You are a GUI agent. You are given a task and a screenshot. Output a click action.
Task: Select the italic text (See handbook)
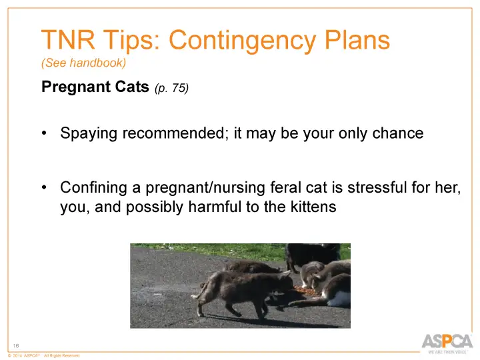[x=83, y=63]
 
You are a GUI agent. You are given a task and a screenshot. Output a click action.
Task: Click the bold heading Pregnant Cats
[x=95, y=87]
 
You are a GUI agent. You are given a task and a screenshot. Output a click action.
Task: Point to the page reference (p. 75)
[x=171, y=88]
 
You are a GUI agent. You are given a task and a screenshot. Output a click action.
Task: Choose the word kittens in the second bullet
[x=311, y=207]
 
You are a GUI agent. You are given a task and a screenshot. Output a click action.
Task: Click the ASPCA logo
[x=447, y=341]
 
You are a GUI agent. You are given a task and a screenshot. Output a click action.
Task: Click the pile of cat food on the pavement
[x=305, y=291]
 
